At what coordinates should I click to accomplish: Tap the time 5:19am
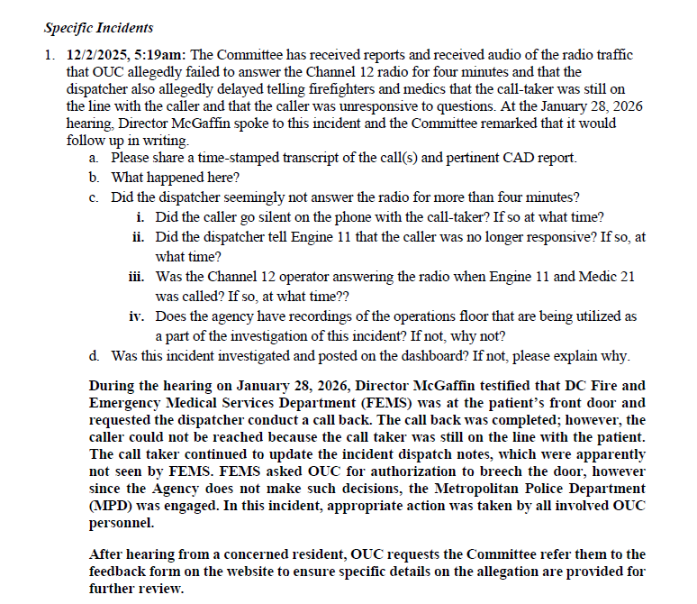tap(161, 55)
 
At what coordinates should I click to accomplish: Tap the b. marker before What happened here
tap(95, 178)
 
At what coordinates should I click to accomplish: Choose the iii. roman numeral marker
tap(137, 277)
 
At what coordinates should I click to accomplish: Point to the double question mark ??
tap(342, 295)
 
